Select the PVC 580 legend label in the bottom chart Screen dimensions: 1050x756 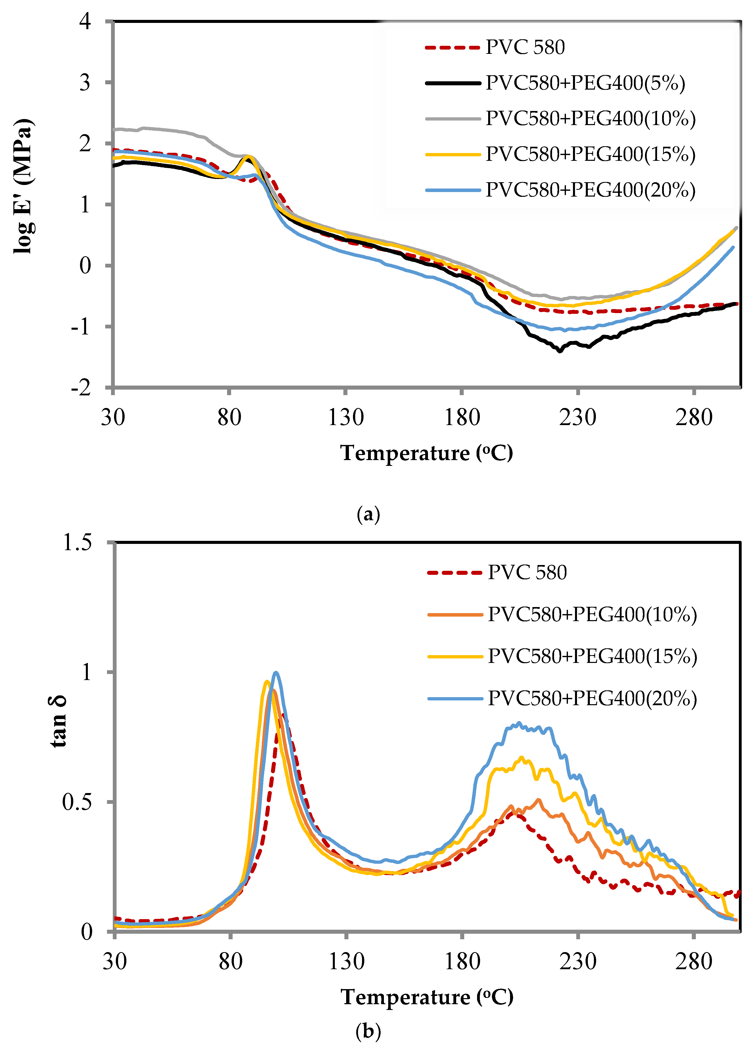[x=527, y=573]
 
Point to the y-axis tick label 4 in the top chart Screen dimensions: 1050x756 [x=85, y=21]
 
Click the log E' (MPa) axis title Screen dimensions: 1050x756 [x=23, y=186]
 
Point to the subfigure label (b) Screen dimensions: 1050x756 [x=369, y=1031]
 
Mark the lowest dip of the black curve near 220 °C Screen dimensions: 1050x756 [x=560, y=351]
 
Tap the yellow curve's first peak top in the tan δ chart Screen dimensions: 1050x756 [x=266, y=682]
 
